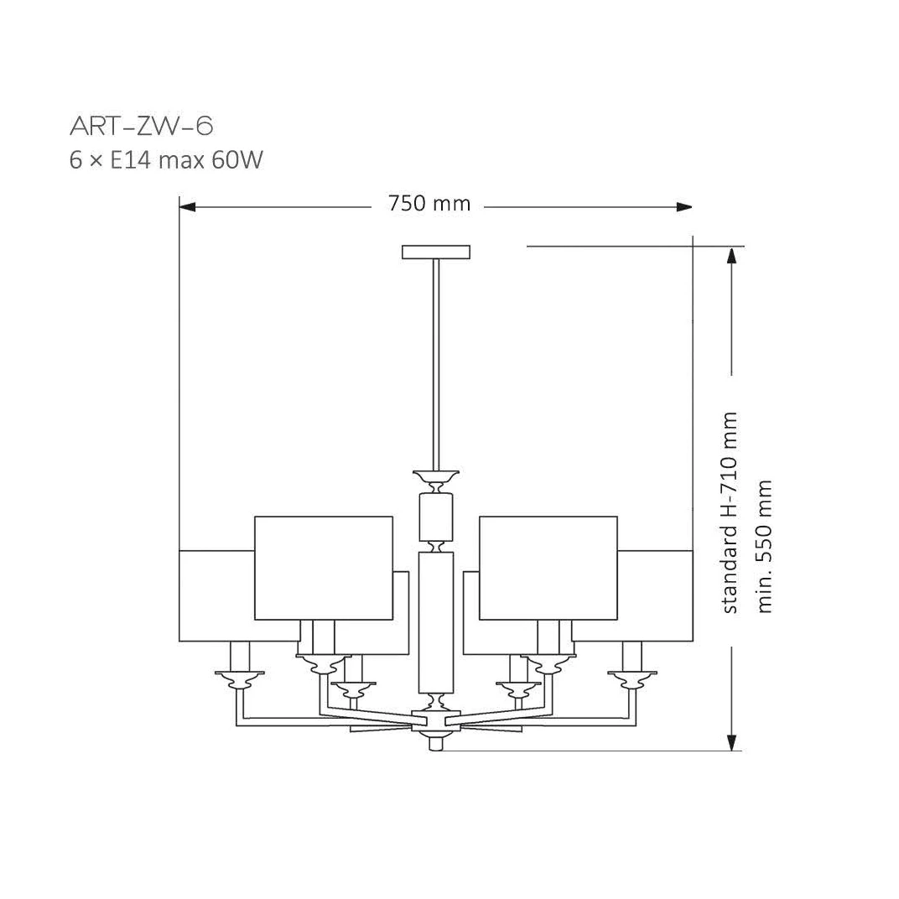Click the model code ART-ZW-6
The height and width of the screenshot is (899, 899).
coord(141,126)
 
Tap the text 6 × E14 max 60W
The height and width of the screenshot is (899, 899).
coord(166,160)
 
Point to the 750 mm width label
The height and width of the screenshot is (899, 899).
coord(429,204)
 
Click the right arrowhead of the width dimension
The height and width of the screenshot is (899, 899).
coord(684,207)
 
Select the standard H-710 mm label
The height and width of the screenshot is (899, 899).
coord(729,512)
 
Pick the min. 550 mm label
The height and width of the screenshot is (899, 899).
coord(765,547)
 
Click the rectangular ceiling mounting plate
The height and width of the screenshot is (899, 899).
coord(436,252)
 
